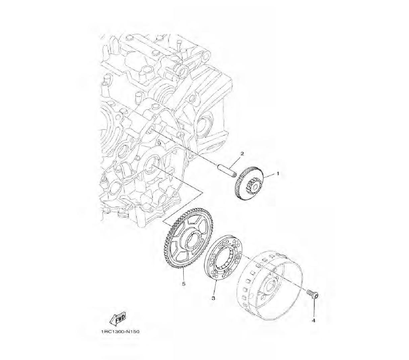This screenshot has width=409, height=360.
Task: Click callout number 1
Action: pyautogui.click(x=278, y=173)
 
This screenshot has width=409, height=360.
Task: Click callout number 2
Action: pyautogui.click(x=242, y=154)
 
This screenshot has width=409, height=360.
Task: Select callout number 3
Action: pyautogui.click(x=213, y=298)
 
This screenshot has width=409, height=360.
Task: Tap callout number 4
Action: pyautogui.click(x=314, y=320)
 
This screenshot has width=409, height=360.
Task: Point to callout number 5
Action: pyautogui.click(x=184, y=283)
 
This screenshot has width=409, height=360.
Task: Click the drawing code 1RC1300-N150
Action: pyautogui.click(x=120, y=332)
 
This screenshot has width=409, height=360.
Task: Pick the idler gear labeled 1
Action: pyautogui.click(x=249, y=184)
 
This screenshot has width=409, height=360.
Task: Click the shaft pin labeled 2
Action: pyautogui.click(x=227, y=169)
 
